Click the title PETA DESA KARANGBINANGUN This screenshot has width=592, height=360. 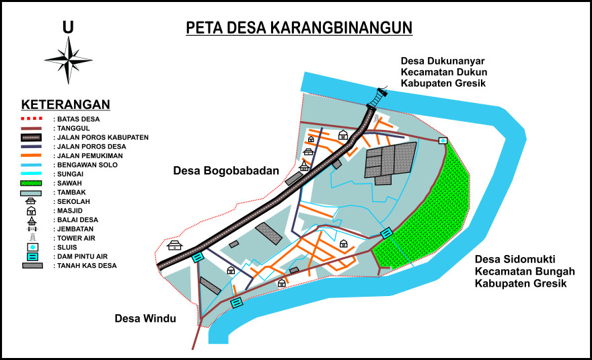coord(299,28)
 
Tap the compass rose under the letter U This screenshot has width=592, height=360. coord(68,60)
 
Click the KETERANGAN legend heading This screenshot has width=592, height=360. coord(65,104)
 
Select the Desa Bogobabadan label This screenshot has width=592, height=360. coord(225,171)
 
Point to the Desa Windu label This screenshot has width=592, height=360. coord(145,318)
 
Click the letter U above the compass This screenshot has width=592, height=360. coord(68,27)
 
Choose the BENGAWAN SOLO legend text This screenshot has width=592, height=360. coord(87,165)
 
